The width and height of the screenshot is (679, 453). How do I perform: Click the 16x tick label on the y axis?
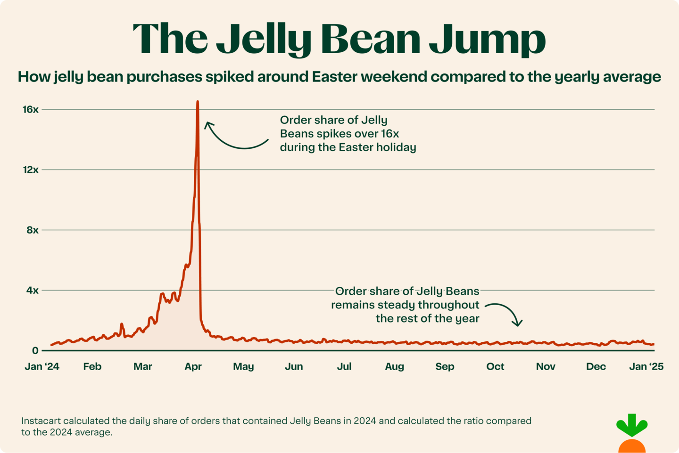[31, 110]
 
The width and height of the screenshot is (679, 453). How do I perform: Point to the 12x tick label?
[31, 170]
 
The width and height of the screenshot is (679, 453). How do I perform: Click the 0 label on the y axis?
[35, 351]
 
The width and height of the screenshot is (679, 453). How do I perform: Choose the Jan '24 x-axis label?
[42, 367]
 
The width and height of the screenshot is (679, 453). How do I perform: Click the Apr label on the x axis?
[193, 367]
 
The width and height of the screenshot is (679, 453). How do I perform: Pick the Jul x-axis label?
[344, 367]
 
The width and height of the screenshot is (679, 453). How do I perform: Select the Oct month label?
[495, 367]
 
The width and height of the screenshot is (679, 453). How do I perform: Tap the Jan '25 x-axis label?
[646, 367]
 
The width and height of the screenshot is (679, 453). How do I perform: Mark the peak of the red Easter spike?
[198, 102]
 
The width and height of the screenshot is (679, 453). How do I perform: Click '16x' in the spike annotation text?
[390, 134]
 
